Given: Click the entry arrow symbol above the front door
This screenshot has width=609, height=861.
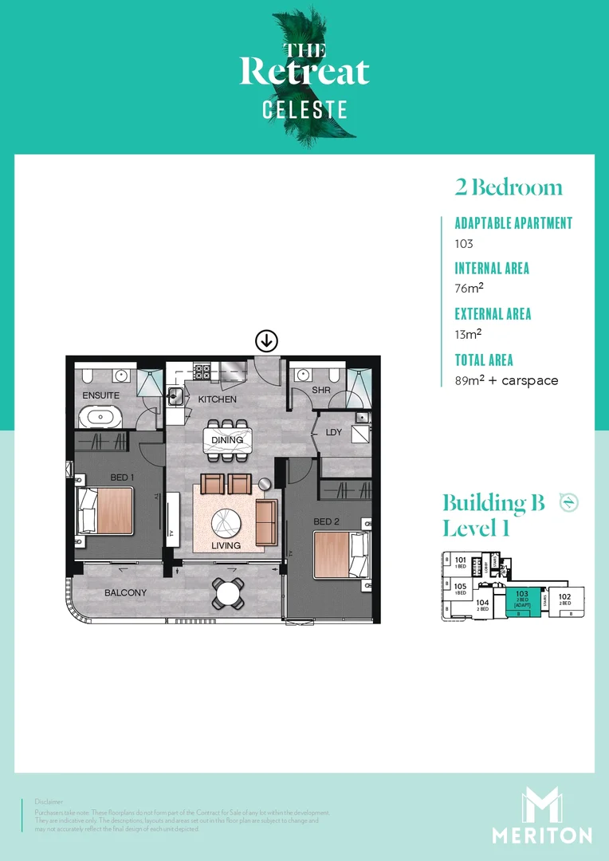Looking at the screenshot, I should click(265, 341).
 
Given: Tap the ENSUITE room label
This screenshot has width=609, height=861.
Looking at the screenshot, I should click(100, 395).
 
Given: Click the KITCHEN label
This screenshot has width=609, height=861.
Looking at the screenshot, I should click(218, 399).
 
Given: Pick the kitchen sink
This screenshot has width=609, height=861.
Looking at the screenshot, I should click(175, 394).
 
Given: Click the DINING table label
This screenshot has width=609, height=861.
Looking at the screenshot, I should click(227, 440).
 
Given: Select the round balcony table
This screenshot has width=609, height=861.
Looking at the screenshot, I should click(229, 592).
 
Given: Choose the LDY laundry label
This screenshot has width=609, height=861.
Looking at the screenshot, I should click(334, 433).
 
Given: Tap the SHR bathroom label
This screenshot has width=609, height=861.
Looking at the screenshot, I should click(321, 390).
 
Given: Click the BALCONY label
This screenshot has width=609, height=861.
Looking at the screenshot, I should click(125, 593).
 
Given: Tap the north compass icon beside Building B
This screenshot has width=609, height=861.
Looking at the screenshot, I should click(568, 501).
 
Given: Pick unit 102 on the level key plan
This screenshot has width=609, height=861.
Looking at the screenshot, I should click(564, 600).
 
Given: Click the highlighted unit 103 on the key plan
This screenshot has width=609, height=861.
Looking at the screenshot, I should click(522, 601).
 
